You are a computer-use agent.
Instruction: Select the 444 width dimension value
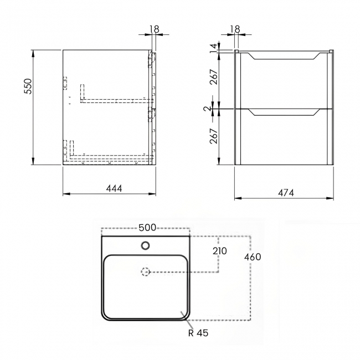point(113,188)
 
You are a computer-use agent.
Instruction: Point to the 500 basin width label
point(147,228)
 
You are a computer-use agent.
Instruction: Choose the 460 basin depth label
point(251,257)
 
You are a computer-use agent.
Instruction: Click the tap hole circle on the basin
point(146,245)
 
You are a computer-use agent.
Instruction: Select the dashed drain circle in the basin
point(146,272)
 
